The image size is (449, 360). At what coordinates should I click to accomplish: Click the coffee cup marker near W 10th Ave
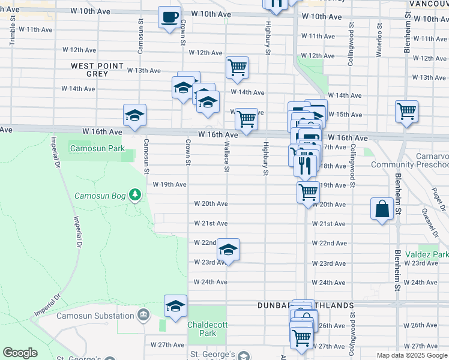point(170,16)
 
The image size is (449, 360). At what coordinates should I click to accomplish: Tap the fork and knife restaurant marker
point(306,165)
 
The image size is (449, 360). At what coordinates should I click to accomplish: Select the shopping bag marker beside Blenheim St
point(382,209)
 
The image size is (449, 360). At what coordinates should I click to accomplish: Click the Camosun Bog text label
point(98,196)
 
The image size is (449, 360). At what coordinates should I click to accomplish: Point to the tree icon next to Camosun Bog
point(136,194)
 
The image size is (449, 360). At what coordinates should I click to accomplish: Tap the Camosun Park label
point(97,148)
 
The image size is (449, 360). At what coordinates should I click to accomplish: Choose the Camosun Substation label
point(95,316)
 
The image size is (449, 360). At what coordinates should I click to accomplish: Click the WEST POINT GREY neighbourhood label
point(97,70)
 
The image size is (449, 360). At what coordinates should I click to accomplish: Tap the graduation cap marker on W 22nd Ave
point(228,249)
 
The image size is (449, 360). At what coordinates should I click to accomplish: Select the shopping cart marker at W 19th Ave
point(308,193)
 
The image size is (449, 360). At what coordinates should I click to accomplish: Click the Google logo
point(20,353)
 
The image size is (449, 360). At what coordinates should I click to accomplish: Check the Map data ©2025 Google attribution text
point(411,355)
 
